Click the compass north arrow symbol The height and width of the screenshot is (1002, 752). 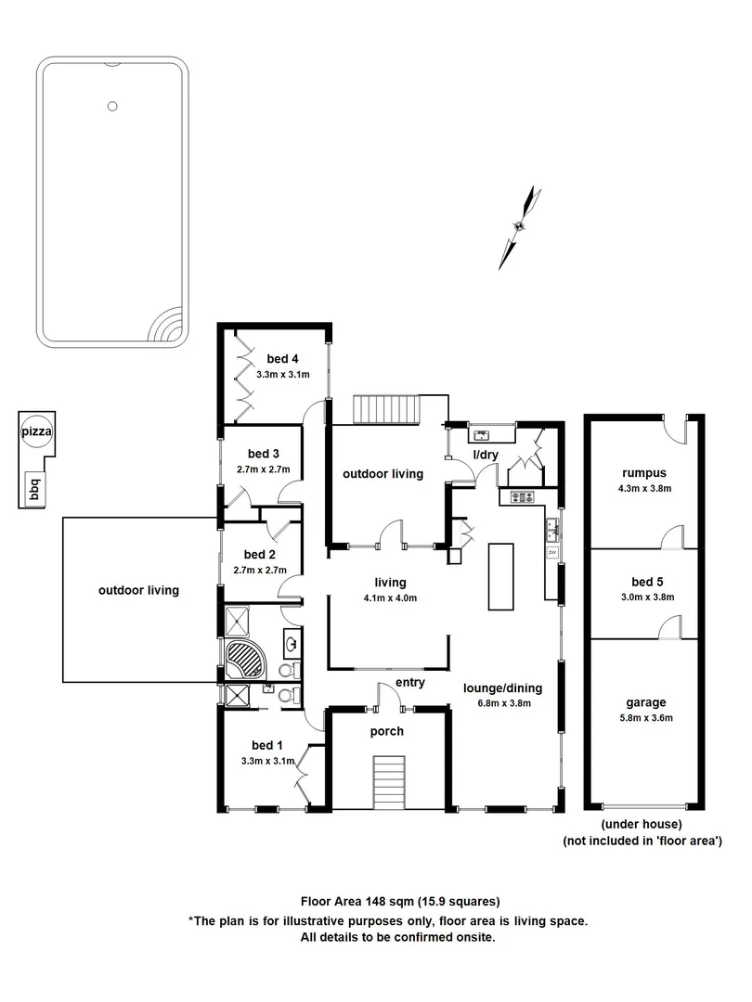520,225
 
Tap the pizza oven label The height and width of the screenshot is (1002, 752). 36,431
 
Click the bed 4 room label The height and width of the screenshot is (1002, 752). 282,359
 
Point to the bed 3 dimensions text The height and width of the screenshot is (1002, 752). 263,469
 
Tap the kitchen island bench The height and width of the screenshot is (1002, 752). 500,576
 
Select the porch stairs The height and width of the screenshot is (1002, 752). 390,782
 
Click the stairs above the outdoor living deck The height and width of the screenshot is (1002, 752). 388,407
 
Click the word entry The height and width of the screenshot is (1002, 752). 409,683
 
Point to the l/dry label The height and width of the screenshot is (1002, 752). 486,455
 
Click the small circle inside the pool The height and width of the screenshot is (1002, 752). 112,106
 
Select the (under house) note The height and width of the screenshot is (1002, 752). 642,825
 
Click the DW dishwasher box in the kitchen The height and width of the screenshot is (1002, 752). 551,554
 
